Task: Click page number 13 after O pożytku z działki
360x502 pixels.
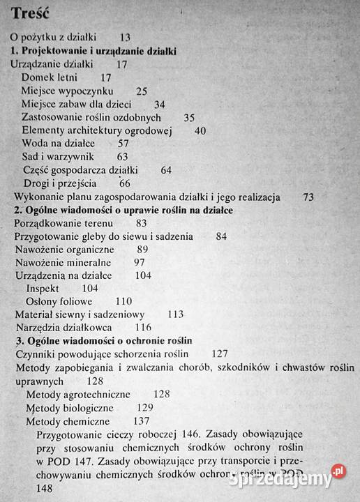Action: click(x=126, y=38)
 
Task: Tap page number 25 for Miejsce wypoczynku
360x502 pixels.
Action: click(x=142, y=91)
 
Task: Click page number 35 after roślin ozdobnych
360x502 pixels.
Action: click(x=189, y=117)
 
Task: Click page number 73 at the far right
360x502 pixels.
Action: click(x=309, y=197)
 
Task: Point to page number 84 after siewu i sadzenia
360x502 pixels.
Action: click(x=222, y=236)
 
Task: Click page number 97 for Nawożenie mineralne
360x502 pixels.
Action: click(x=139, y=262)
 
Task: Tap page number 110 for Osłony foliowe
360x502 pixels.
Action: click(x=123, y=302)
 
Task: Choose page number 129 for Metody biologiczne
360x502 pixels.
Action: click(x=145, y=408)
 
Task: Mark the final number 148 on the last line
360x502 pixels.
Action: click(x=44, y=489)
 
